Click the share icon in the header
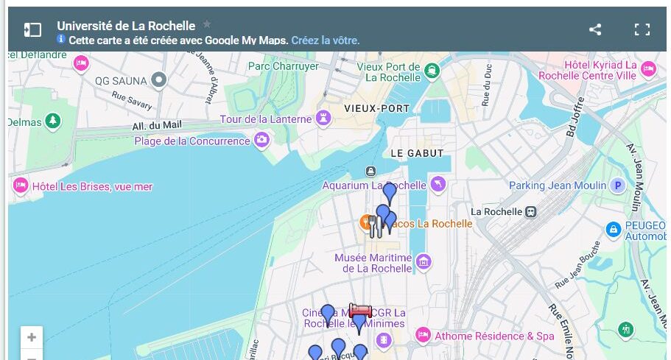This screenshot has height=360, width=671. coord(595,29)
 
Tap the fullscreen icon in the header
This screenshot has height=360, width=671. coord(642,29)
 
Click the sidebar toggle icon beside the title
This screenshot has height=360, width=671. coord(32,29)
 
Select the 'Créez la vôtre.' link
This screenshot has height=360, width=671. coord(326,40)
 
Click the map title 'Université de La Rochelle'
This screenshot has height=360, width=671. coord(126,26)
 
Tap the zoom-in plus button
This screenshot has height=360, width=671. coord(32,338)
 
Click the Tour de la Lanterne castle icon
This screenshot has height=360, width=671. coord(323,119)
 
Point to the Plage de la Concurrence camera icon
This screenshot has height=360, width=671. coord(261,140)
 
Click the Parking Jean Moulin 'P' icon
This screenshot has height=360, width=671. coord(618,186)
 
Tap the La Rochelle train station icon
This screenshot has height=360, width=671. coord(530,211)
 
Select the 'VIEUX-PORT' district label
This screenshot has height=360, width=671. coord(376,108)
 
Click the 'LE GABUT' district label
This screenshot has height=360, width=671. coord(417,153)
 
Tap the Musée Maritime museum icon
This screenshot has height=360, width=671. coord(424,261)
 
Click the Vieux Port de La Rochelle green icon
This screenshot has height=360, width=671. coord(432,71)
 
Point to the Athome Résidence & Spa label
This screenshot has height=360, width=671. coord(494,336)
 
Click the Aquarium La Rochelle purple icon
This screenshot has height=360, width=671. coord(438,184)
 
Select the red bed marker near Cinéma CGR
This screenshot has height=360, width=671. coord(360,314)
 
